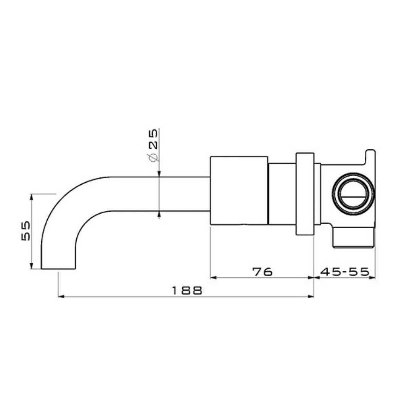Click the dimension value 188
point(186,290)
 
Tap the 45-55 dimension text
point(344,272)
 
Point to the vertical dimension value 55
point(26,231)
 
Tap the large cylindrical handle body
point(239,190)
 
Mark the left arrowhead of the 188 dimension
point(60,296)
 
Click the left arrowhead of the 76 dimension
point(213,278)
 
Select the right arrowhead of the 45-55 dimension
point(373,278)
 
